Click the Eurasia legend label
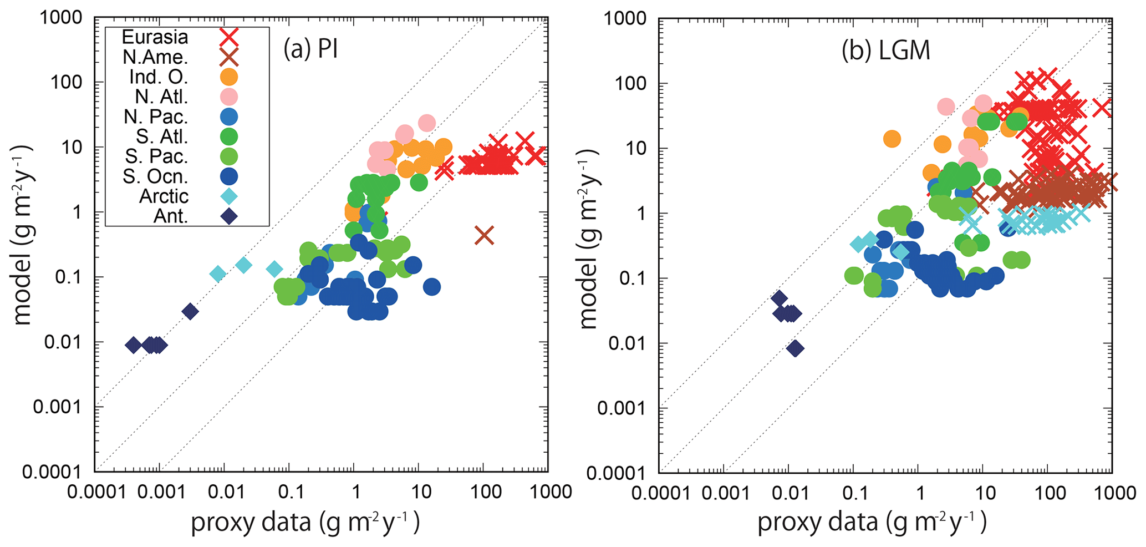click(x=155, y=37)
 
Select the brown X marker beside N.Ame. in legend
click(x=229, y=57)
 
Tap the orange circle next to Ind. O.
click(x=229, y=77)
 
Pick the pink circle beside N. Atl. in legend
click(x=229, y=97)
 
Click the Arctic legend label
click(x=164, y=196)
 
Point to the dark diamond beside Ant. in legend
click(x=229, y=216)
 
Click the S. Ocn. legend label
click(x=155, y=176)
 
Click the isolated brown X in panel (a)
click(x=485, y=235)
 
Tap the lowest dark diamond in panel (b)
click(x=796, y=348)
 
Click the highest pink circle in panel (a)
click(x=427, y=123)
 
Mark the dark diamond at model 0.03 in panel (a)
click(x=190, y=312)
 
